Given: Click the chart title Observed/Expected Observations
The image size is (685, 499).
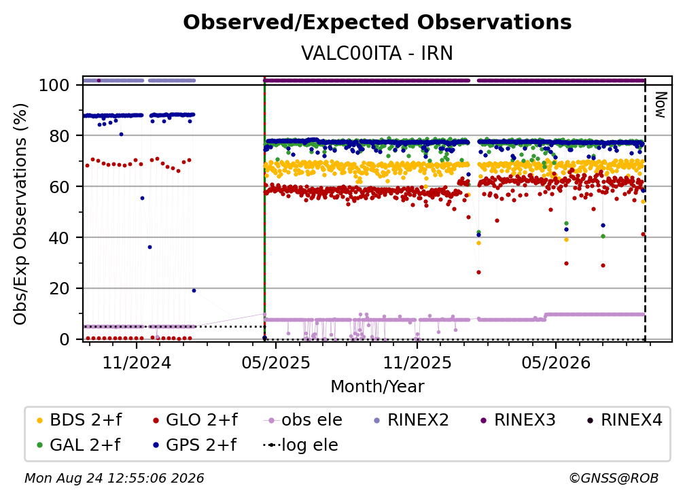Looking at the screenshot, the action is pos(377,22).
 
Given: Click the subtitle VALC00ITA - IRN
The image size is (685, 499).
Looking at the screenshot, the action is pos(377,53).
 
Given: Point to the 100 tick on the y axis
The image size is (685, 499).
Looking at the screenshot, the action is pos(54,85).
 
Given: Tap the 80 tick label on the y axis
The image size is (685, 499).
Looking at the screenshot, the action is pos(59,136).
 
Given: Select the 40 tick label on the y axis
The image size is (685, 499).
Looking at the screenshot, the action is pos(59,238).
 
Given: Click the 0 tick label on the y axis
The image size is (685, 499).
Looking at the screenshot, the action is pos(65,339).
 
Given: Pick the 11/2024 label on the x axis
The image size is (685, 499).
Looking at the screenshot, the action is pos(137,362).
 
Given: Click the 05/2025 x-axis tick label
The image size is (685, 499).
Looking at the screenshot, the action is pos(276,362).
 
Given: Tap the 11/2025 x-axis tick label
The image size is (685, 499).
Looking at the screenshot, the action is pos(417,362).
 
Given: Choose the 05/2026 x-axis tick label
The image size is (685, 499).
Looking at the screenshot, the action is pos(556,362).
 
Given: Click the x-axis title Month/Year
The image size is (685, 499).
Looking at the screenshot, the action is pos(377,387).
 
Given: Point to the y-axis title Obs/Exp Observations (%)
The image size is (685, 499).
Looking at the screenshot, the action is pos(20,214).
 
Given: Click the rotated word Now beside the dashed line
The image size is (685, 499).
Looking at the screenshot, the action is pos(660,105).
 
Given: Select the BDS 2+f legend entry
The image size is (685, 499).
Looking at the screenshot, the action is pos(80,420).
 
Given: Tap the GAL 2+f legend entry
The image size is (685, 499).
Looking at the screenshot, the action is pos(79,445).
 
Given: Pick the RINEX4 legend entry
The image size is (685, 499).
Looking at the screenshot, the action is pos(625,420).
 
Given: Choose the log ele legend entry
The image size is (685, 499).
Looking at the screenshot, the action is pos(300,445).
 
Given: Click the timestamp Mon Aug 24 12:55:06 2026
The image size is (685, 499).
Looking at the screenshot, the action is pos(114,478).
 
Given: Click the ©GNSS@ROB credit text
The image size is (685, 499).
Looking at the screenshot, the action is pos(614,478).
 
